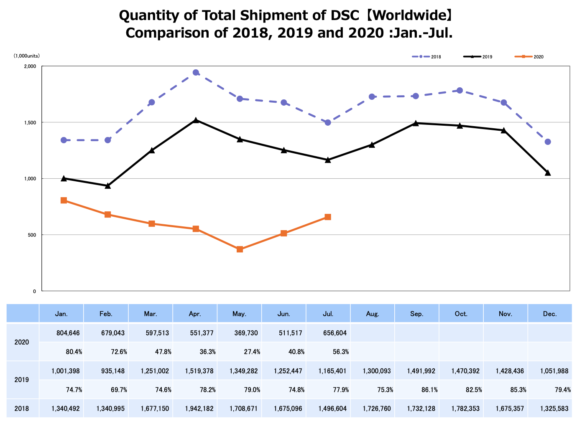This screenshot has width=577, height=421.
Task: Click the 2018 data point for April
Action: click(x=196, y=73)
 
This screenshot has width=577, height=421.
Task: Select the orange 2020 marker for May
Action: click(x=240, y=249)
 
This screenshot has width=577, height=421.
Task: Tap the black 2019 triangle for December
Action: click(x=548, y=173)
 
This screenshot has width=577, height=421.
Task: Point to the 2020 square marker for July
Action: click(x=328, y=217)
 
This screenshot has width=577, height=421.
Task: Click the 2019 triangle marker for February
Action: click(x=107, y=186)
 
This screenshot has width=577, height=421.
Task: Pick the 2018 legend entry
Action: click(x=426, y=57)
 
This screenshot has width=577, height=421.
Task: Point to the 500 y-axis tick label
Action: click(x=32, y=235)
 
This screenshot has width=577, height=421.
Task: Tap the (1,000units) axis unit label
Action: click(x=27, y=56)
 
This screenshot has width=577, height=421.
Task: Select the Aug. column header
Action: click(x=372, y=314)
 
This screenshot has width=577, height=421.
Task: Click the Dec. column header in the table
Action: click(x=550, y=314)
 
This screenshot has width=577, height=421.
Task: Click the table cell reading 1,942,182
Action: click(x=199, y=408)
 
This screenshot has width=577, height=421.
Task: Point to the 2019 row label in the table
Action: click(x=22, y=380)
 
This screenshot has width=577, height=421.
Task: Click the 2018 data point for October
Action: click(x=460, y=90)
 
